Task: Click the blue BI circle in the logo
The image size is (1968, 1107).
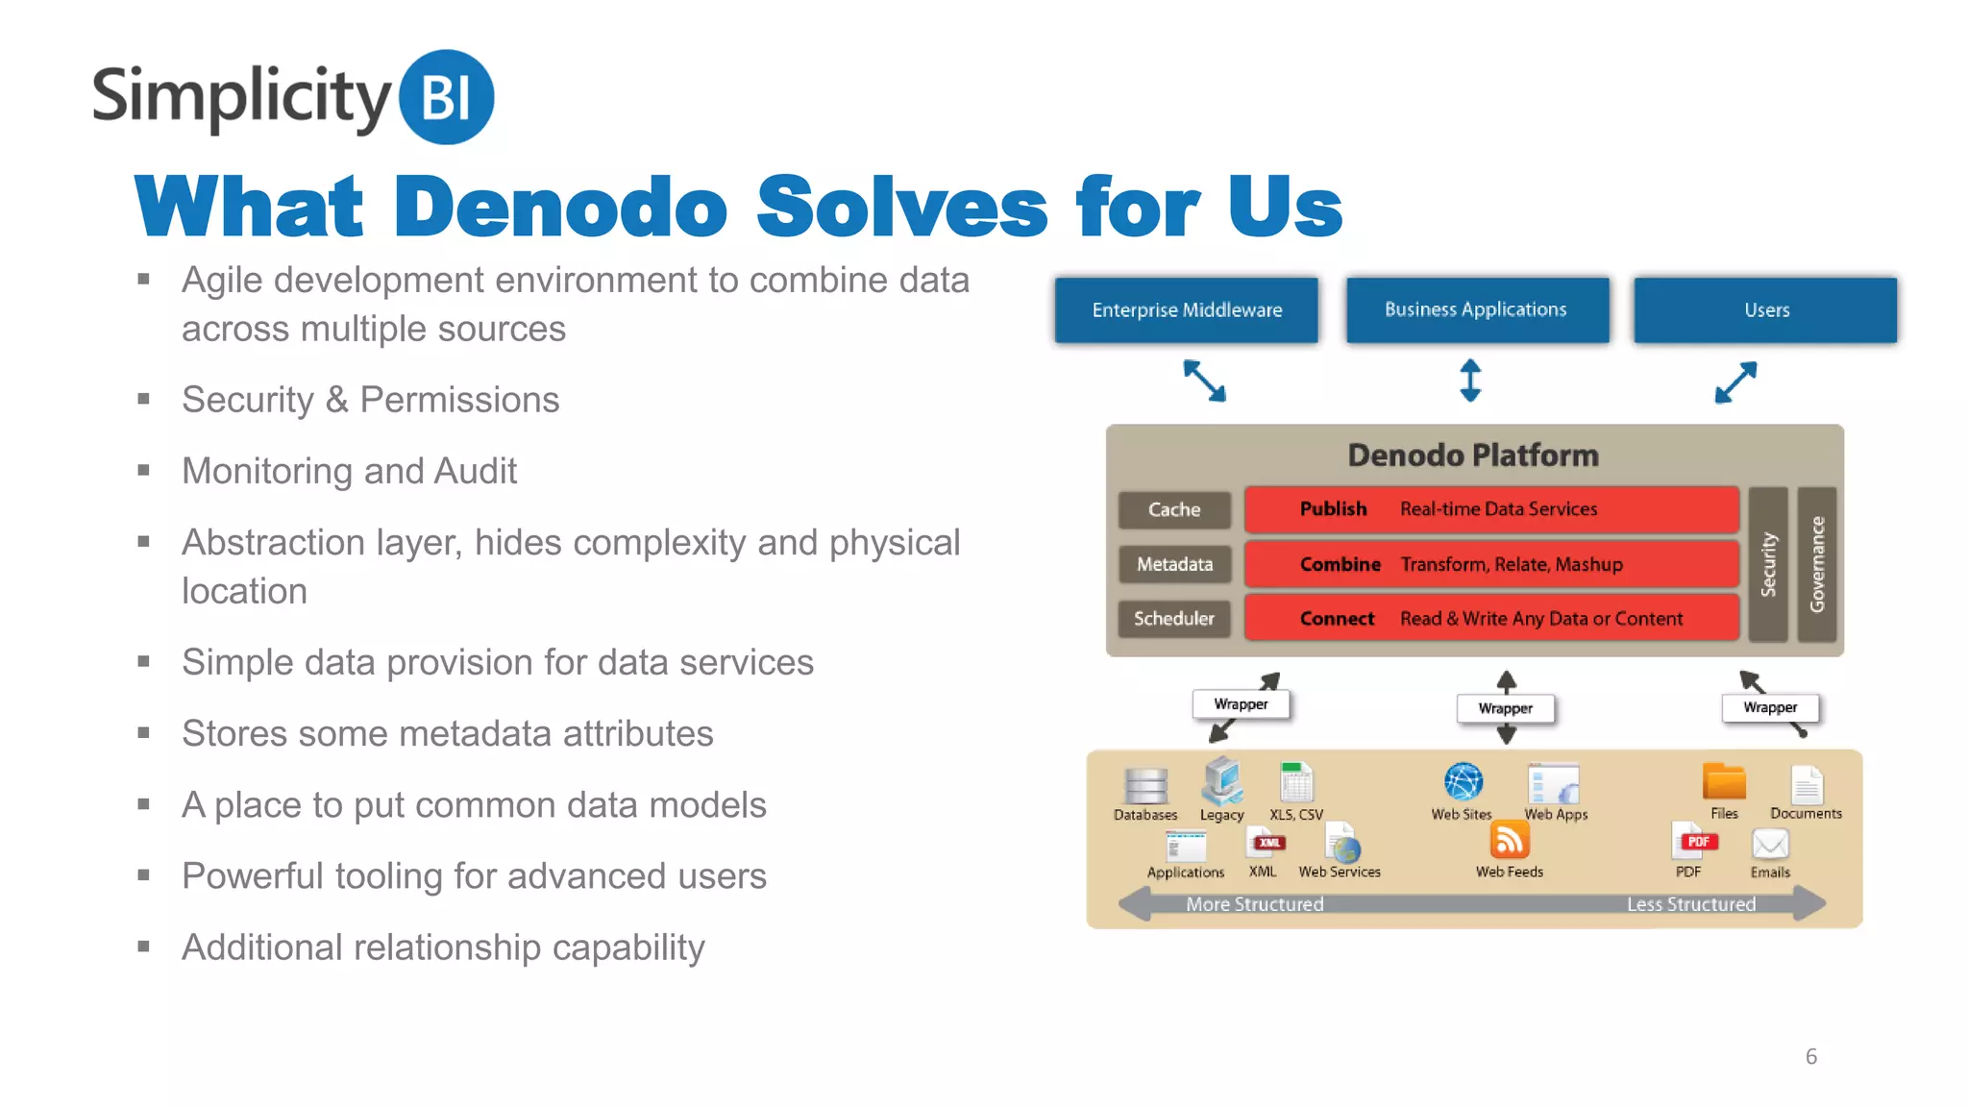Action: point(446,97)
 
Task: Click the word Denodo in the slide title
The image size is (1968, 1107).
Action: point(560,207)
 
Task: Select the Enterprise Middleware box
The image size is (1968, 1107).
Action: point(1186,309)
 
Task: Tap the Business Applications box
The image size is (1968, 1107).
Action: point(1477,309)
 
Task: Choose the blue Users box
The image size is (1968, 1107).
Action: point(1765,309)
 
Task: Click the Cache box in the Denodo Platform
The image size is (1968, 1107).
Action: point(1174,509)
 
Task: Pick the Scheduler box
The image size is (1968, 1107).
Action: point(1174,618)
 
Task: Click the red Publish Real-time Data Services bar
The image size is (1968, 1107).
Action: point(1490,509)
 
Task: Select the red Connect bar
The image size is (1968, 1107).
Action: point(1490,618)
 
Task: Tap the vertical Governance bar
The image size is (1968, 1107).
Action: point(1816,564)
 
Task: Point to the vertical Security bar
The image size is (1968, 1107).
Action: point(1768,564)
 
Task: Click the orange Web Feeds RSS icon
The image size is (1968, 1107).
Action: point(1509,841)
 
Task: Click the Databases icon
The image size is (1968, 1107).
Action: point(1145,786)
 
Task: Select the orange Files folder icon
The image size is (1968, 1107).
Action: point(1724,782)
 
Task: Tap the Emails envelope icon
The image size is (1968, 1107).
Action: point(1769,845)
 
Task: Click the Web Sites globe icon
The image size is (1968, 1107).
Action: point(1463,782)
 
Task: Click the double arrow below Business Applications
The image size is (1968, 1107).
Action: point(1470,381)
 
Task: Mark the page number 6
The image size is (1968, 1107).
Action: point(1810,1056)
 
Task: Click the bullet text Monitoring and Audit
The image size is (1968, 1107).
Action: point(350,471)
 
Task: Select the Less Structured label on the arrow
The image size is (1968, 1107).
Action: point(1690,904)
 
